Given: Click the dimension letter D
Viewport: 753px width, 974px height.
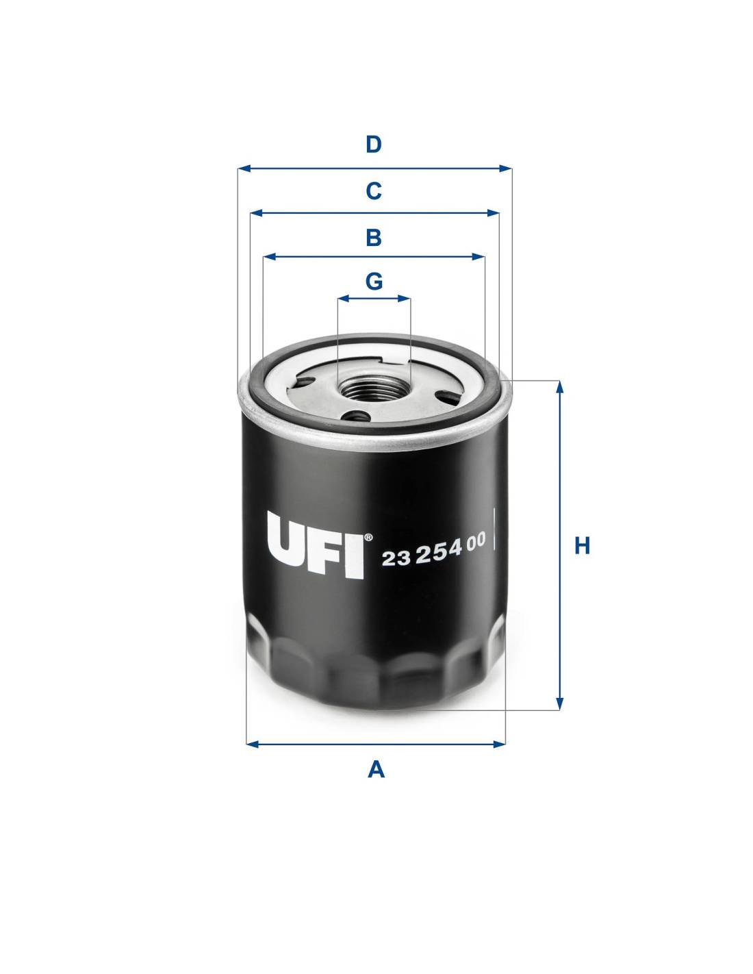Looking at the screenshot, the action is tap(374, 145).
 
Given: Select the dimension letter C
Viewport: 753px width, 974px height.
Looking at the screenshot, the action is tap(374, 191).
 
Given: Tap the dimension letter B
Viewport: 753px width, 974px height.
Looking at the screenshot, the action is tap(374, 238).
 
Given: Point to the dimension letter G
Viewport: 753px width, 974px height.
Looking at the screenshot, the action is tap(374, 282).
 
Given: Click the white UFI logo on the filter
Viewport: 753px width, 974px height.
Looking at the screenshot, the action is tap(316, 545).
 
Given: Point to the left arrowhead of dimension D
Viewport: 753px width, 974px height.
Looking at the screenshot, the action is tap(244, 168).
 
